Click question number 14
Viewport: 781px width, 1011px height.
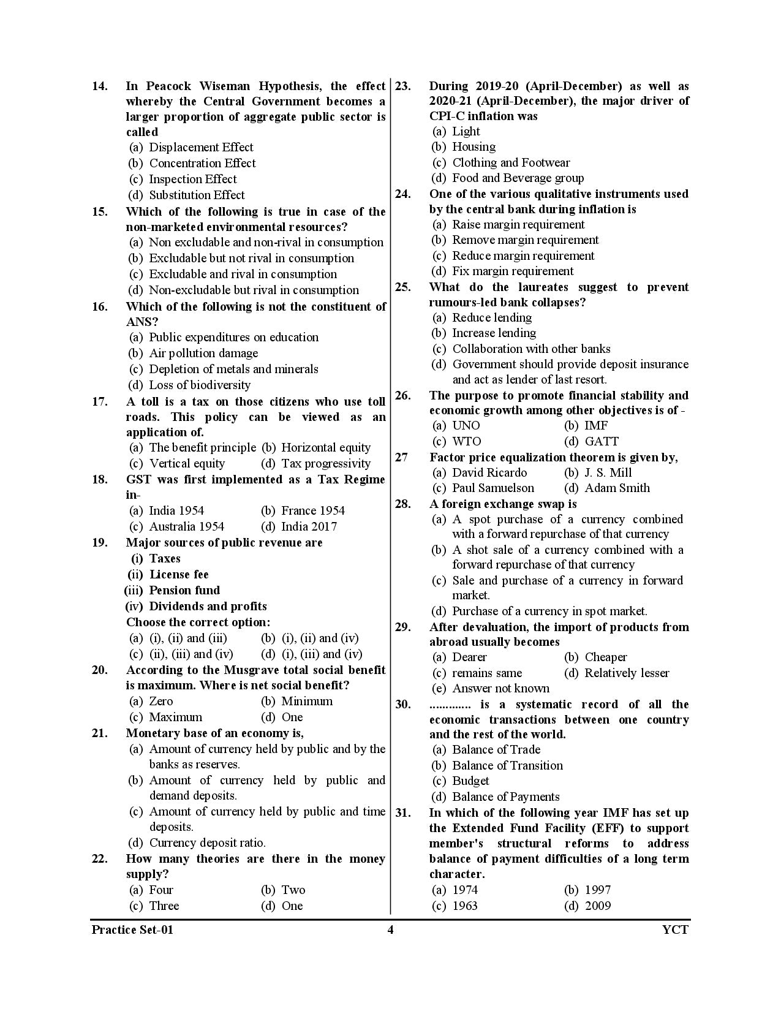[100, 86]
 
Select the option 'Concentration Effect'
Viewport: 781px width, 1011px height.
[202, 163]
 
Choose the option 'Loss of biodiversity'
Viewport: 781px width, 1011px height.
[199, 385]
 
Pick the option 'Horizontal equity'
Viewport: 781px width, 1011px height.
[325, 448]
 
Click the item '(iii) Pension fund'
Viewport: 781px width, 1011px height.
[173, 590]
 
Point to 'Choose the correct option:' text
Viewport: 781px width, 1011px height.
[198, 622]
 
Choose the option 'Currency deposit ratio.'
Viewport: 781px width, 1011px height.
[207, 842]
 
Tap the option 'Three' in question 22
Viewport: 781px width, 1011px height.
[164, 906]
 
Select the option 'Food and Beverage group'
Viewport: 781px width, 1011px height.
[518, 178]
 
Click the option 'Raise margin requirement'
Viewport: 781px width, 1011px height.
[518, 224]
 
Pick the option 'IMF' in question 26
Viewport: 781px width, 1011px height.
[595, 425]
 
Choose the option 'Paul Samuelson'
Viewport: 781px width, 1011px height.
[492, 488]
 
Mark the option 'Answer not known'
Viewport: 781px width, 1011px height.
[500, 688]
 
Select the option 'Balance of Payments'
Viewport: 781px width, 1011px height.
[505, 797]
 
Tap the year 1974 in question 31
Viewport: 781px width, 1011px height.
[464, 890]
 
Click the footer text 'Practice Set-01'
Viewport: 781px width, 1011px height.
[132, 930]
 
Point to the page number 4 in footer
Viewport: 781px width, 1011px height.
[390, 930]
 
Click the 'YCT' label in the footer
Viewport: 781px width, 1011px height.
[675, 930]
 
